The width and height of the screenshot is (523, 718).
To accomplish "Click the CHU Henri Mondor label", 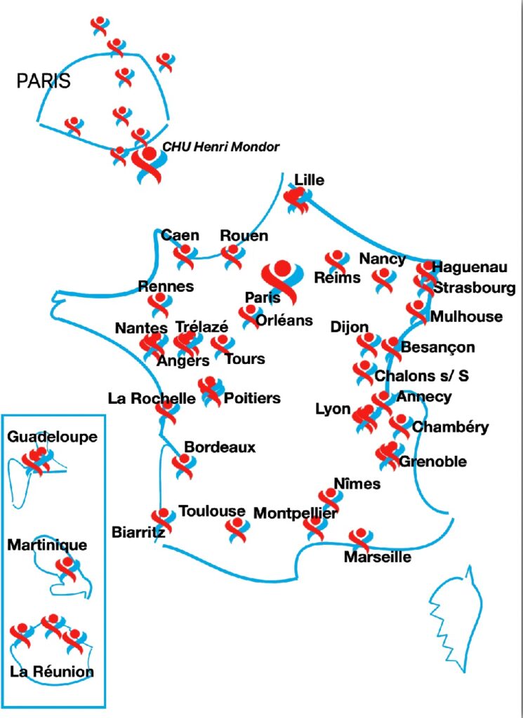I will click(x=221, y=147).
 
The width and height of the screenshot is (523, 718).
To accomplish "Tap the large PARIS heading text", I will click(x=44, y=81).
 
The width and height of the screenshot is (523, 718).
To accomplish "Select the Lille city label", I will click(x=310, y=180).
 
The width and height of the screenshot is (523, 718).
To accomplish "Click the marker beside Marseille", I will click(x=360, y=539).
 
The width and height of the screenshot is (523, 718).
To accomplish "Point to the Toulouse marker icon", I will click(x=237, y=530).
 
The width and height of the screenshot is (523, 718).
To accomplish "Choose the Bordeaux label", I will click(x=220, y=447).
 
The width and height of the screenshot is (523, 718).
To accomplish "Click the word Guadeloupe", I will click(x=53, y=436).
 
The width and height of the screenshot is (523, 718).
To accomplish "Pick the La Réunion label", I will click(x=52, y=672).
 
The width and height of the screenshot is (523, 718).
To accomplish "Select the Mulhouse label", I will click(x=466, y=316).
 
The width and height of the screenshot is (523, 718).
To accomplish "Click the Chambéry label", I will click(x=451, y=427).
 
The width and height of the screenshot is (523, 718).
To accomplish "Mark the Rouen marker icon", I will click(x=233, y=257).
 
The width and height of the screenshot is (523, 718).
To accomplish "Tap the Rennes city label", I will click(x=166, y=286).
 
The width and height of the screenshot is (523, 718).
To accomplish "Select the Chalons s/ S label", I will click(x=422, y=377).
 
